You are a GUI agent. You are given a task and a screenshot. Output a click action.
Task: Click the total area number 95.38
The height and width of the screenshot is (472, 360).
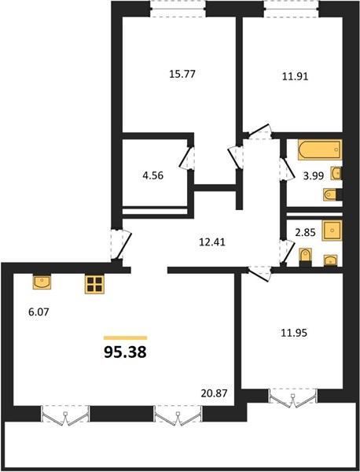125,352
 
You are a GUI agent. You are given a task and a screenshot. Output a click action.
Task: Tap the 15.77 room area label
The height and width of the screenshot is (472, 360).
182,74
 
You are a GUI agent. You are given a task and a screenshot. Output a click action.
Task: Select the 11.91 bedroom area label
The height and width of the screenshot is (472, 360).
295,76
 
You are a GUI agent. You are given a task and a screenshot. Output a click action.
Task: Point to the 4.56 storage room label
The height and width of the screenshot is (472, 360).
152,175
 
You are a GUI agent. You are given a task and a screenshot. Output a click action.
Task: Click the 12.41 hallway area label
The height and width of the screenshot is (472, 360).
212,242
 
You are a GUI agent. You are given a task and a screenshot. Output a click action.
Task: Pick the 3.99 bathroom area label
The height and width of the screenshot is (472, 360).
314,175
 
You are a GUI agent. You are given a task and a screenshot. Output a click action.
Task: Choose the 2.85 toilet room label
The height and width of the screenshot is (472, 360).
305,232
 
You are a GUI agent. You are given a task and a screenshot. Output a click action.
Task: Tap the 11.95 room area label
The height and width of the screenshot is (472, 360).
294,333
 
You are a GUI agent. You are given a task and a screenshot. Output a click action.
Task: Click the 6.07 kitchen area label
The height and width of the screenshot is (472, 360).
39,312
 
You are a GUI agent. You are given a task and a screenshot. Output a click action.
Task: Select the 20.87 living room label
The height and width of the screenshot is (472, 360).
214,393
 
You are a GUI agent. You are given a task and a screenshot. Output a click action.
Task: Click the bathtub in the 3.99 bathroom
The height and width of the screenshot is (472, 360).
320,149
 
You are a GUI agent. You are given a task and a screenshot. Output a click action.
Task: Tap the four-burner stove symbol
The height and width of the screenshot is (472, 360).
94,284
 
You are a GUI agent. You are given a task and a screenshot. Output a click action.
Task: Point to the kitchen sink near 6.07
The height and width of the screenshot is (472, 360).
42,282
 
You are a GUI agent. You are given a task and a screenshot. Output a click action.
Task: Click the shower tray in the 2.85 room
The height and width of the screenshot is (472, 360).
332,230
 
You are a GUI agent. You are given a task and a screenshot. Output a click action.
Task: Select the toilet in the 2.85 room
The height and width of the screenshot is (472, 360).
307,257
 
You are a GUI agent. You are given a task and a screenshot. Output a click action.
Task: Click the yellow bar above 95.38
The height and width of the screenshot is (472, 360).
125,337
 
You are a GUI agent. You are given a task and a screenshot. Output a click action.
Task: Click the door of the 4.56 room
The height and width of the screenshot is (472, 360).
187,158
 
